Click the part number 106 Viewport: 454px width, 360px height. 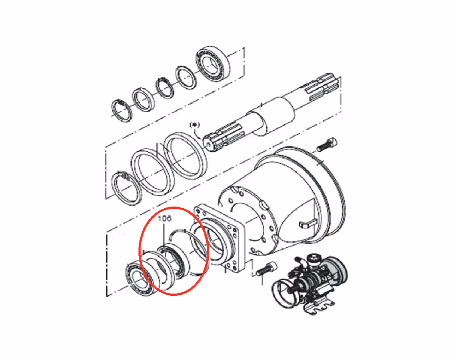coord(165,218)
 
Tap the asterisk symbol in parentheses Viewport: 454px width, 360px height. coord(195,125)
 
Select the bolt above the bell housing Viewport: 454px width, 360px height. coord(327,145)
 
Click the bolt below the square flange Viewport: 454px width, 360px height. coord(266,269)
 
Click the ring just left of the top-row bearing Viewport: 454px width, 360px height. coord(186,78)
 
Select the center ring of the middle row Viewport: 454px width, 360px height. coord(153,172)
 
